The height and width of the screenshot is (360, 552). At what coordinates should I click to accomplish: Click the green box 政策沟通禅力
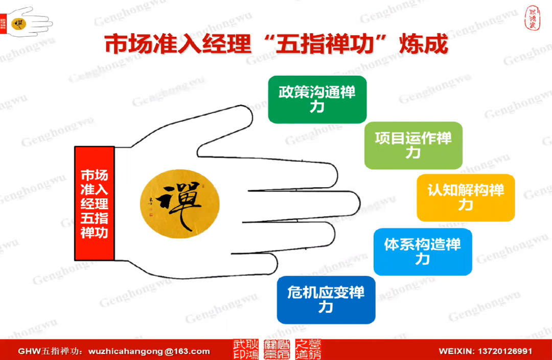[317, 100]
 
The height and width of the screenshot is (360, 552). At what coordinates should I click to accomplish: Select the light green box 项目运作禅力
[413, 145]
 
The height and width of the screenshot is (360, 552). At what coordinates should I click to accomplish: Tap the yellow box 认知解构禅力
[466, 197]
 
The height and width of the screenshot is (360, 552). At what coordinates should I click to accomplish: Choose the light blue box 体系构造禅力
[422, 252]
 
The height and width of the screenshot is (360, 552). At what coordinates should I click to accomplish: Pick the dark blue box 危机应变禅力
[326, 300]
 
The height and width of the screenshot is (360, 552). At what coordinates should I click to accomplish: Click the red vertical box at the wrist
[95, 204]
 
